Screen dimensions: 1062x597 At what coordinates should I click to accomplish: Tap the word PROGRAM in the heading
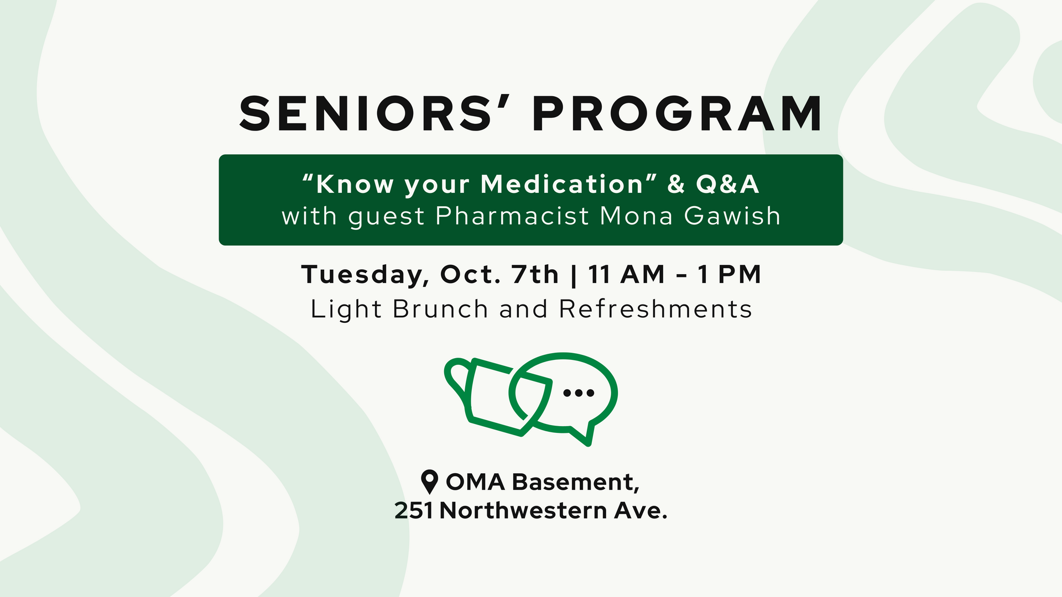click(x=678, y=113)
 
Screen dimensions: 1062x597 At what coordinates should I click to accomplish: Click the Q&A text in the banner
click(x=727, y=184)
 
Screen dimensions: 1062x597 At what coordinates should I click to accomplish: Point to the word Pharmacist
click(x=512, y=216)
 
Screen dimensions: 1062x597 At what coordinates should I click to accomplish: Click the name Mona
click(x=636, y=216)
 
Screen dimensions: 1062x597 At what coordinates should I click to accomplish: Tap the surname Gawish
click(x=732, y=216)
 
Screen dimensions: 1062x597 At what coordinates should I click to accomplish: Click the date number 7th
click(x=535, y=274)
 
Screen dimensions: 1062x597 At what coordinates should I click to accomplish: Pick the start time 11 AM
click(x=626, y=274)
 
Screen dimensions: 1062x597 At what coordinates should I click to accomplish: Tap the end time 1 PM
click(x=730, y=274)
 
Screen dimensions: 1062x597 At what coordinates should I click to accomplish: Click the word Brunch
click(x=440, y=309)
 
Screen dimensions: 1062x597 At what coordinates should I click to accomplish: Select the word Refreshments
click(x=655, y=309)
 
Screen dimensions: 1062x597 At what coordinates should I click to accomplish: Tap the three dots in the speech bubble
click(x=579, y=393)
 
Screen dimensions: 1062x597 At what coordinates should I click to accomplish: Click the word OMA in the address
click(x=476, y=482)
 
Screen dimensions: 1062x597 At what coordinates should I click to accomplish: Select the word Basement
click(x=576, y=483)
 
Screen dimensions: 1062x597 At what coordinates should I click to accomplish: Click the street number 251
click(x=414, y=511)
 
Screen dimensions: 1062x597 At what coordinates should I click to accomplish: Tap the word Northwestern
click(x=523, y=511)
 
